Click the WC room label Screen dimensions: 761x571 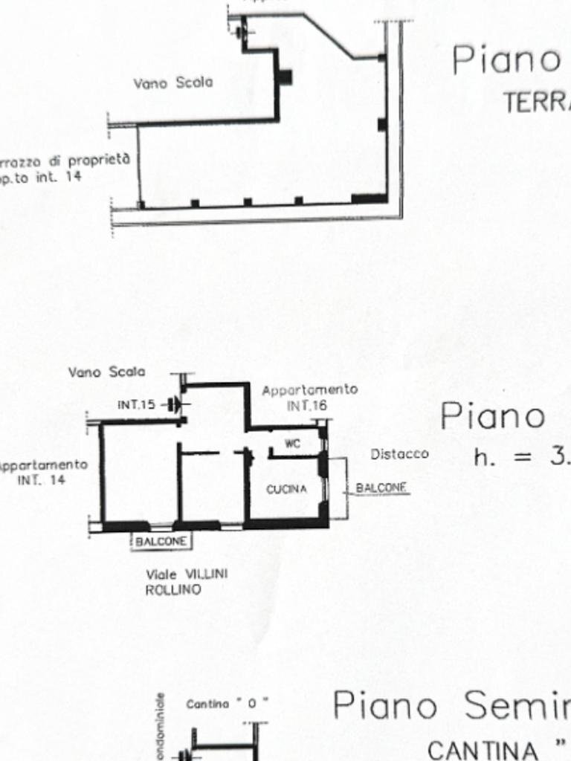click(x=293, y=444)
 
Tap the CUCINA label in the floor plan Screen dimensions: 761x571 click(x=286, y=488)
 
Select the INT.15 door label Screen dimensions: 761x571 click(x=137, y=405)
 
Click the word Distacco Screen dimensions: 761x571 click(x=399, y=453)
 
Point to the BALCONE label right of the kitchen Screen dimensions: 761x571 click(x=381, y=488)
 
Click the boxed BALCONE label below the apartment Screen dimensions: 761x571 click(x=161, y=541)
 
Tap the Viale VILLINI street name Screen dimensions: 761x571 click(x=187, y=574)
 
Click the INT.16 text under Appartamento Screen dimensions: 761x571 click(x=306, y=406)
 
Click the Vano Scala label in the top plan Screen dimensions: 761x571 click(x=172, y=82)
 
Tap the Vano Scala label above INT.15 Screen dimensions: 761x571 click(x=107, y=372)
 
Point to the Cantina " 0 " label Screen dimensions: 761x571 click(x=227, y=703)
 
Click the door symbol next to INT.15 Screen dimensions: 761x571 click(x=175, y=405)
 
